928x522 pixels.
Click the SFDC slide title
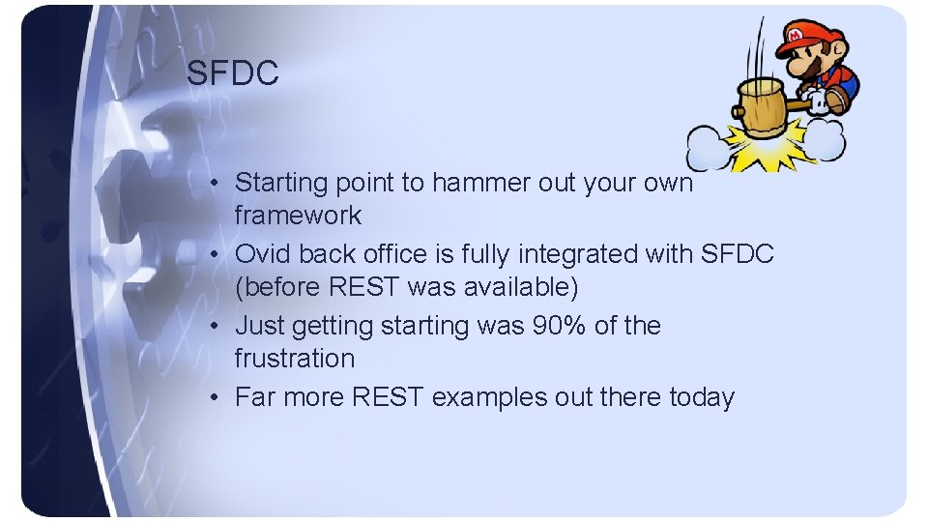coord(233,73)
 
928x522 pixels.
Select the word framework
coord(298,216)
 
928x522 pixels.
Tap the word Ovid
coord(263,254)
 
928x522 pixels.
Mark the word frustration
coord(294,359)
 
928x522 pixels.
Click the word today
coord(701,397)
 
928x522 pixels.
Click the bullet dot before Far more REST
coord(221,397)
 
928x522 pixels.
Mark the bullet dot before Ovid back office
coord(221,254)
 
